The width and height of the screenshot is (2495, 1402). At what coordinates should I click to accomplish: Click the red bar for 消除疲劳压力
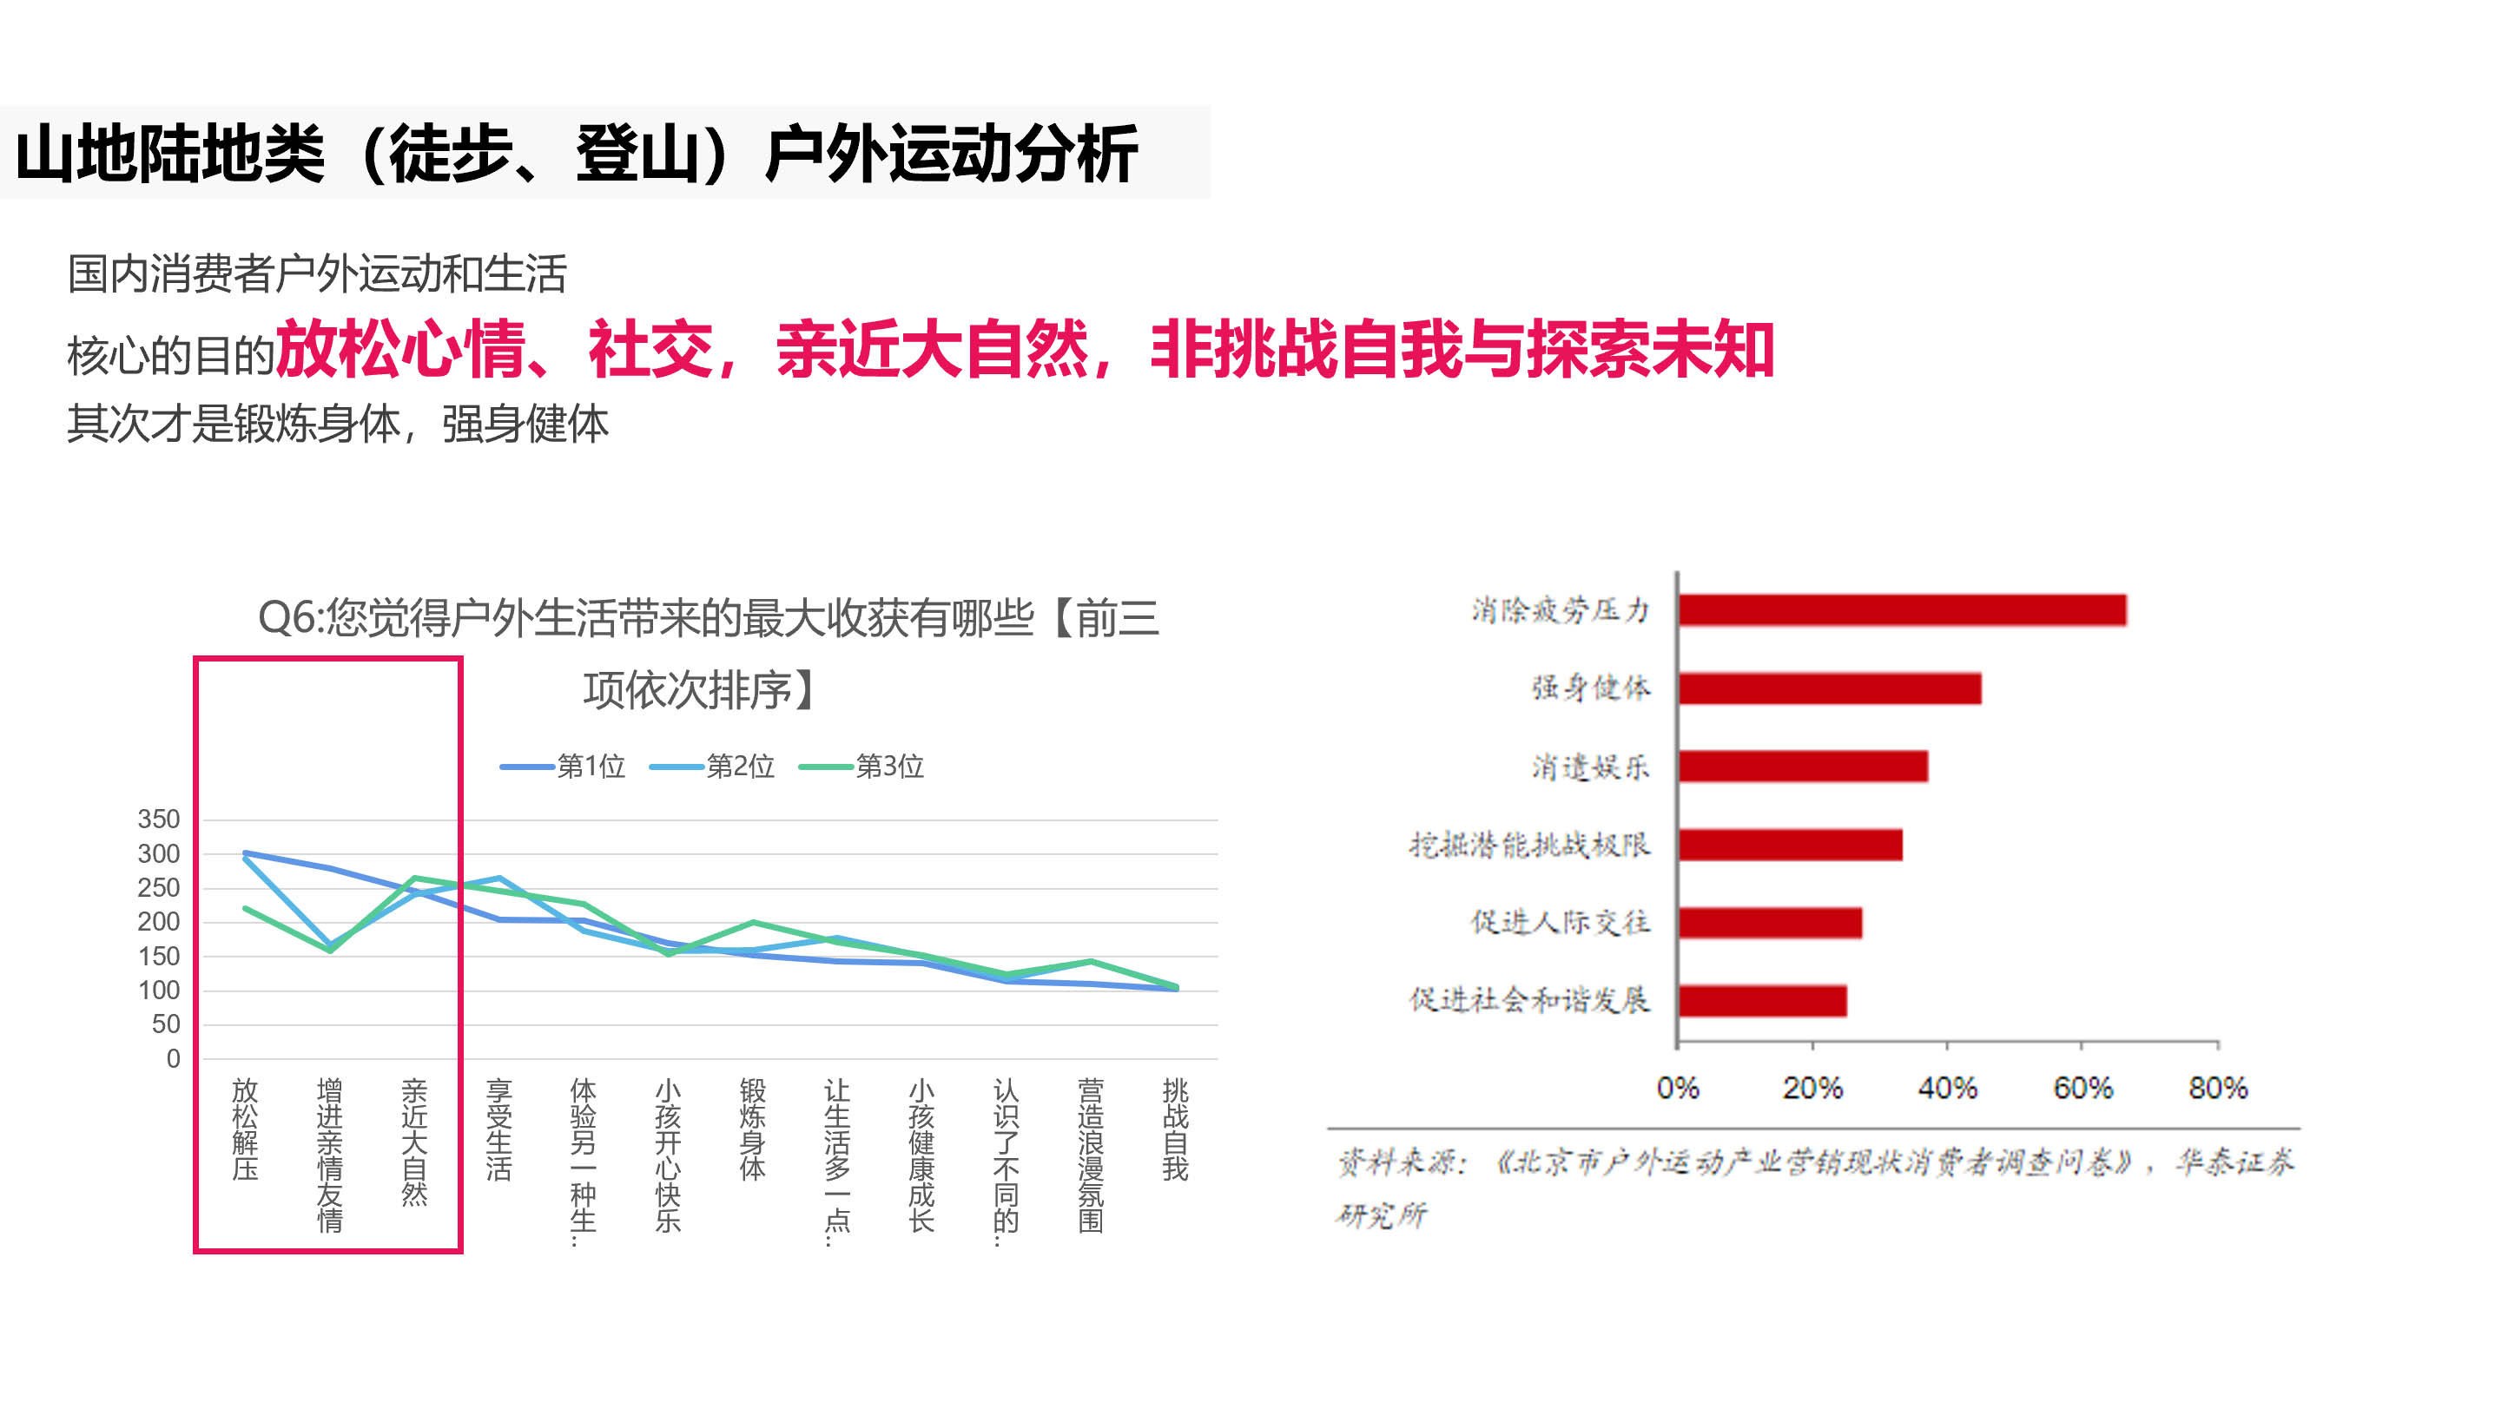pyautogui.click(x=1902, y=610)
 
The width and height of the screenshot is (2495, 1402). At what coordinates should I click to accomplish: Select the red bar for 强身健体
pyautogui.click(x=1830, y=688)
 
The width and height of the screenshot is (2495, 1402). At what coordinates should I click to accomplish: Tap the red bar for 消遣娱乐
pyautogui.click(x=1803, y=766)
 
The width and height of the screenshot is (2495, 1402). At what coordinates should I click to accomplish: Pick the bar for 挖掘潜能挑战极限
pyautogui.click(x=1790, y=845)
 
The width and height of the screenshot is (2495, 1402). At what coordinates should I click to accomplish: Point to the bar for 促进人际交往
pyautogui.click(x=1770, y=923)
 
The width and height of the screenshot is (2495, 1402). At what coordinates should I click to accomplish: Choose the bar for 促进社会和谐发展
pyautogui.click(x=1762, y=1000)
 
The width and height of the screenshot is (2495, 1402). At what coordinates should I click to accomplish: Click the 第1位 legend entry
pyautogui.click(x=564, y=766)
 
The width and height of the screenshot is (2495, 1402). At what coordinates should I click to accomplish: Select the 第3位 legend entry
pyautogui.click(x=862, y=766)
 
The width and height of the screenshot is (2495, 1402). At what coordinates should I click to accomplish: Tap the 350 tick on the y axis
pyautogui.click(x=159, y=819)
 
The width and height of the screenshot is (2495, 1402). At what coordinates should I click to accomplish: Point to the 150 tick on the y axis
pyautogui.click(x=159, y=956)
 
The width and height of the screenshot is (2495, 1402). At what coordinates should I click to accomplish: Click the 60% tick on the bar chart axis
pyautogui.click(x=2082, y=1089)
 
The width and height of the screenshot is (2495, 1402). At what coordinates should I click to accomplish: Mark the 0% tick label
pyautogui.click(x=1678, y=1089)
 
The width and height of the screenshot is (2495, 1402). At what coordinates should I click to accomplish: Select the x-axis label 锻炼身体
pyautogui.click(x=753, y=1129)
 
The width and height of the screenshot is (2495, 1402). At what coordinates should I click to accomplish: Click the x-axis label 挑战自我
pyautogui.click(x=1175, y=1129)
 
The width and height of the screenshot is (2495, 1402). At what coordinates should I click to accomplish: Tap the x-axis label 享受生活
pyautogui.click(x=498, y=1129)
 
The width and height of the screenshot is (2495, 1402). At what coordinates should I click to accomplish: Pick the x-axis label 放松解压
pyautogui.click(x=245, y=1129)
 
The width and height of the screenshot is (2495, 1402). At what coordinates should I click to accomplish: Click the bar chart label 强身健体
pyautogui.click(x=1590, y=688)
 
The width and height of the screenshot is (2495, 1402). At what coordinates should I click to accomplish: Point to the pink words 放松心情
pyautogui.click(x=400, y=350)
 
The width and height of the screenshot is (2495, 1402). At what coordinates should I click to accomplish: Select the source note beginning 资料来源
pyautogui.click(x=1813, y=1187)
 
